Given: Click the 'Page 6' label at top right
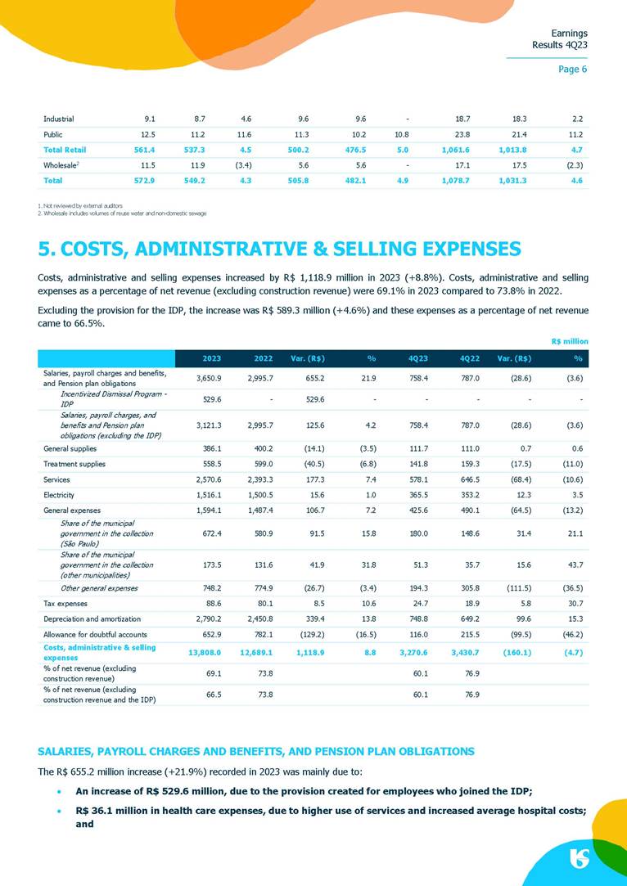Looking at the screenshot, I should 572,69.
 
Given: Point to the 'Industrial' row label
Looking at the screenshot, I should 58,119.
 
